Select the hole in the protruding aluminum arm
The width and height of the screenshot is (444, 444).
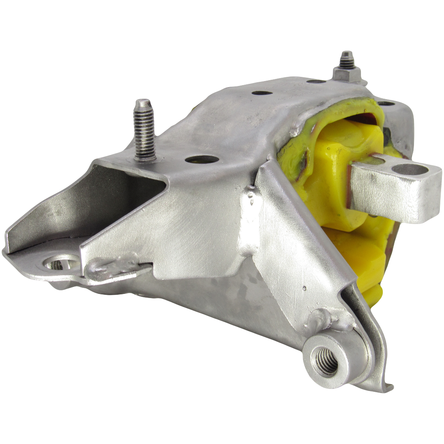[407, 169]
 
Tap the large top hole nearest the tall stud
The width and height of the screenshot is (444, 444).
[201, 160]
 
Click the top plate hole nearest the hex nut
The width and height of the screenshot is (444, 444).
[317, 82]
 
